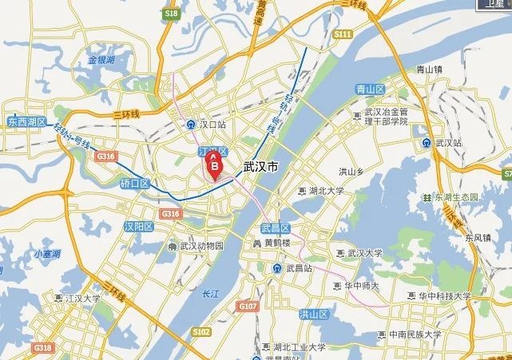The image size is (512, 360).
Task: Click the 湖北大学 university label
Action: coord(326,191)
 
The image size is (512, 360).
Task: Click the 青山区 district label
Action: coord(371,89)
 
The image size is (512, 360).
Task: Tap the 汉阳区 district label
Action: coord(138,227)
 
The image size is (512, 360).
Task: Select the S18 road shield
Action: coord(171,14)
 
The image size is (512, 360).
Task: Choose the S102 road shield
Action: coord(201,331)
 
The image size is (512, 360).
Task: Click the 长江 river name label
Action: coord(211,293)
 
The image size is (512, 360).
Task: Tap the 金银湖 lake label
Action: coord(102,60)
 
